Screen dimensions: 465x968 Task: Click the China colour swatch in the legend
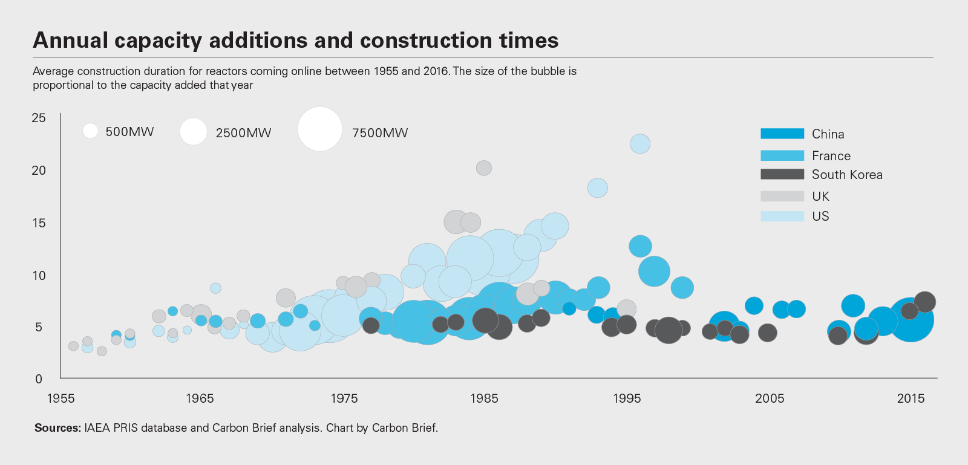coord(782,134)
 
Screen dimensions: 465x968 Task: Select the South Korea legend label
coord(846,175)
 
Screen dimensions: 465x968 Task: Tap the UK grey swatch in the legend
coord(782,196)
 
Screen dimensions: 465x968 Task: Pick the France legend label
coord(831,156)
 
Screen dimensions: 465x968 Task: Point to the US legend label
coord(820,216)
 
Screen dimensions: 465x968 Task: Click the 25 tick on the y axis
coord(39,118)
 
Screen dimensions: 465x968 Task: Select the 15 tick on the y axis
coord(39,223)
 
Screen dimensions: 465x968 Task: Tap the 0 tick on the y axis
coord(39,379)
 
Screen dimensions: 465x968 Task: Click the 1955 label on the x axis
coord(60,398)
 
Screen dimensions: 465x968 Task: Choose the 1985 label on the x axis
coord(484,398)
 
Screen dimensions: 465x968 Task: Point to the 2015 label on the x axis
coord(911,398)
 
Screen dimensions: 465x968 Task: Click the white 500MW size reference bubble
coord(90,131)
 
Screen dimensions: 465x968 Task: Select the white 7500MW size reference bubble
coord(320,129)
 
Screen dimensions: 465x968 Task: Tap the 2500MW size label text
coord(243,133)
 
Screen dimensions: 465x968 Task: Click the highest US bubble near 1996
coord(640,144)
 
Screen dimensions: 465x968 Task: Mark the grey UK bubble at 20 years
coord(484,168)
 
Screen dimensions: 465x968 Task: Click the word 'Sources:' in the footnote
coord(57,428)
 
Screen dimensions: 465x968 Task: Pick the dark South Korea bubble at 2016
coord(925,301)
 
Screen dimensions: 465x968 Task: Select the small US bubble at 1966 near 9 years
coord(215,288)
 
